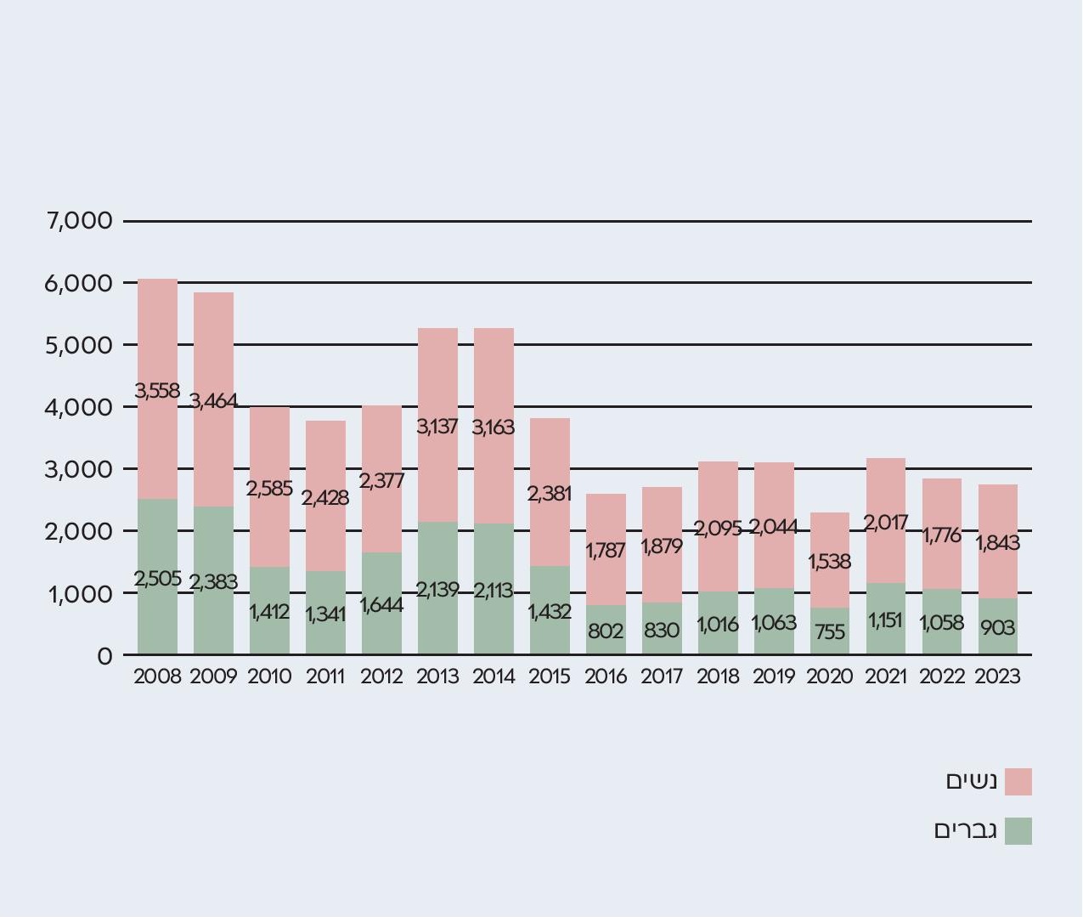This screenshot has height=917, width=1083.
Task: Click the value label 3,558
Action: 157,391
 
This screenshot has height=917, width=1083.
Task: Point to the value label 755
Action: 830,631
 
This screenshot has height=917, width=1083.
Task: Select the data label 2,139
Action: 437,589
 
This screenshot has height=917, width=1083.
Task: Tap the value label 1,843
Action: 998,542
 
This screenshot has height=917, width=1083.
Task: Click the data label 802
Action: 606,631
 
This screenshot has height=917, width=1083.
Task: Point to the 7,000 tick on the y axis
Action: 80,221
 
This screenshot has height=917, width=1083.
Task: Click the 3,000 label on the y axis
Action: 80,469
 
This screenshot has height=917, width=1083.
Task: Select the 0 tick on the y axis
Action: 104,655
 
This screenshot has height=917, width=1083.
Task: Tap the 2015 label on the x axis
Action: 550,676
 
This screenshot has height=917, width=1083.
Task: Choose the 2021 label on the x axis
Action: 886,676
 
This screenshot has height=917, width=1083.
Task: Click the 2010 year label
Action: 269,676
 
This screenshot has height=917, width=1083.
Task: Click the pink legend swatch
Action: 1018,782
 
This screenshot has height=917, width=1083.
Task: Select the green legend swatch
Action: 1018,831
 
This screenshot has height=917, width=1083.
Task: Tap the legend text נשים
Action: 972,781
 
